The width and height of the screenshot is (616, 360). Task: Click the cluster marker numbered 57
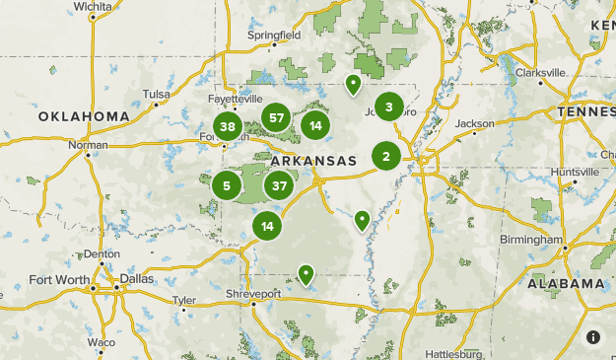pyautogui.click(x=277, y=118)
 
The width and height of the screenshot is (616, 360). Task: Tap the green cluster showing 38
pyautogui.click(x=228, y=126)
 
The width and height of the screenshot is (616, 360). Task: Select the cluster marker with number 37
pyautogui.click(x=279, y=184)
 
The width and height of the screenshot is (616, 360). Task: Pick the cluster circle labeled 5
pyautogui.click(x=227, y=184)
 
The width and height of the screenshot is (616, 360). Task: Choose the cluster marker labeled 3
pyautogui.click(x=389, y=107)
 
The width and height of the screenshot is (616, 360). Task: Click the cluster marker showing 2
pyautogui.click(x=386, y=156)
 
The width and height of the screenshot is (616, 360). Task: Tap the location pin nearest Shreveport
pyautogui.click(x=307, y=274)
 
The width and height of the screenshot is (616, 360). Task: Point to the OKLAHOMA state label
pyautogui.click(x=84, y=116)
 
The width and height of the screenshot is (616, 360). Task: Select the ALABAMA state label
pyautogui.click(x=566, y=283)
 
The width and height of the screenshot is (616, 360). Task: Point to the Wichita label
pyautogui.click(x=93, y=6)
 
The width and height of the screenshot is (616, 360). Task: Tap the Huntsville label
pyautogui.click(x=575, y=171)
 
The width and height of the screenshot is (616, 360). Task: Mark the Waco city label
pyautogui.click(x=101, y=342)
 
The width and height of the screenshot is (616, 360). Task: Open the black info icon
pyautogui.click(x=593, y=337)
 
